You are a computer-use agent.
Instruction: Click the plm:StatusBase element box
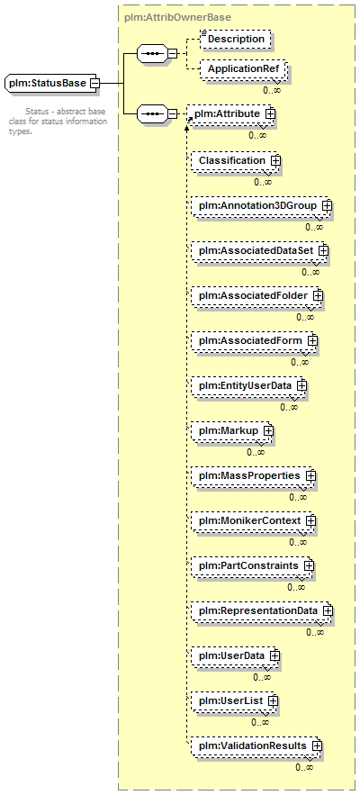(51, 83)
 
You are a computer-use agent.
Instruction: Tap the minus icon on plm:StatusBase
(94, 83)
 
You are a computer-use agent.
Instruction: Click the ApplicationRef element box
(243, 68)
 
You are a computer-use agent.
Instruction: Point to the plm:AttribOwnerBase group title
(177, 18)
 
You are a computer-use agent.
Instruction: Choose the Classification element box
(236, 161)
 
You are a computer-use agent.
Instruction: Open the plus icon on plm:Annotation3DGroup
(327, 206)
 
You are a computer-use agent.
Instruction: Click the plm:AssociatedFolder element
(257, 295)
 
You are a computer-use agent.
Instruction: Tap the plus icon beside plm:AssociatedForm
(312, 340)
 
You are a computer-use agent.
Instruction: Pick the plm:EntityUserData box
(249, 385)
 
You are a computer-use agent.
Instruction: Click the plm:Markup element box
(233, 430)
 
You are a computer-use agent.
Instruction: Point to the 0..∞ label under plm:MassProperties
(298, 497)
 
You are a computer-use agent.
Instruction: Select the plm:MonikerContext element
(254, 520)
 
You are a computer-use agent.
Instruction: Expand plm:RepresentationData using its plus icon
(328, 611)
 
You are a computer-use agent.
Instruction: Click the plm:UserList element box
(235, 700)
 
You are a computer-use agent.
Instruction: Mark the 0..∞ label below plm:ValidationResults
(304, 768)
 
